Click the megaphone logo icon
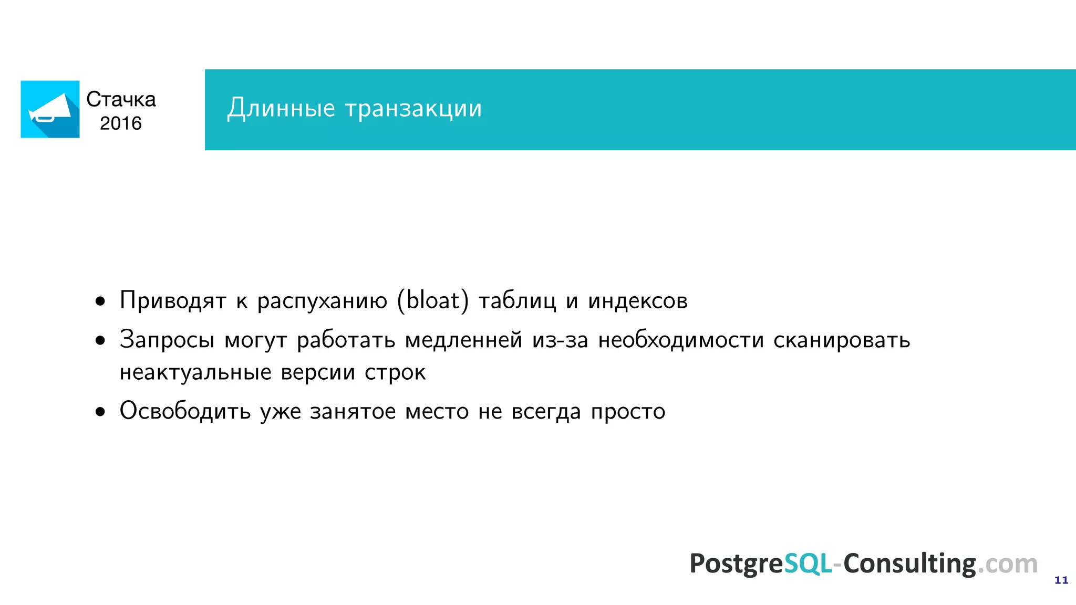pyautogui.click(x=50, y=109)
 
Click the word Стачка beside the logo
pyautogui.click(x=121, y=99)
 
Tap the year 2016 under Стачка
pyautogui.click(x=121, y=123)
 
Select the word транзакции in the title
pyautogui.click(x=413, y=108)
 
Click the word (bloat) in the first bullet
pyautogui.click(x=432, y=301)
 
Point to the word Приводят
pyautogui.click(x=173, y=301)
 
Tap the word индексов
pyautogui.click(x=637, y=301)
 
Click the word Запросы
pyautogui.click(x=167, y=340)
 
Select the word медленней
pyautogui.click(x=463, y=340)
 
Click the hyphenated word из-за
pyautogui.click(x=560, y=340)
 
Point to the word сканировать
pyautogui.click(x=842, y=340)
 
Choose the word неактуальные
pyautogui.click(x=195, y=372)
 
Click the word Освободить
pyautogui.click(x=185, y=411)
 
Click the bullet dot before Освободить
pyautogui.click(x=100, y=412)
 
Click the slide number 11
pyautogui.click(x=1061, y=580)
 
